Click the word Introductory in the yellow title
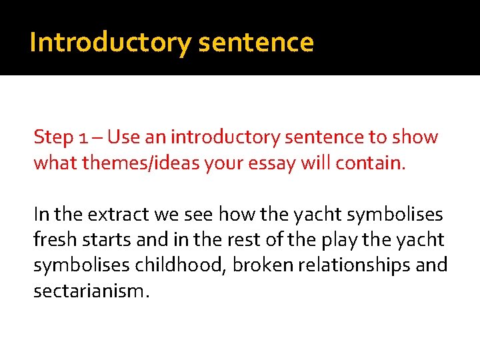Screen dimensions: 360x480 tap(110, 43)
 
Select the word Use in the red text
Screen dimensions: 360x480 tap(121, 138)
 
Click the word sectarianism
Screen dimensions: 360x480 tap(89, 290)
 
